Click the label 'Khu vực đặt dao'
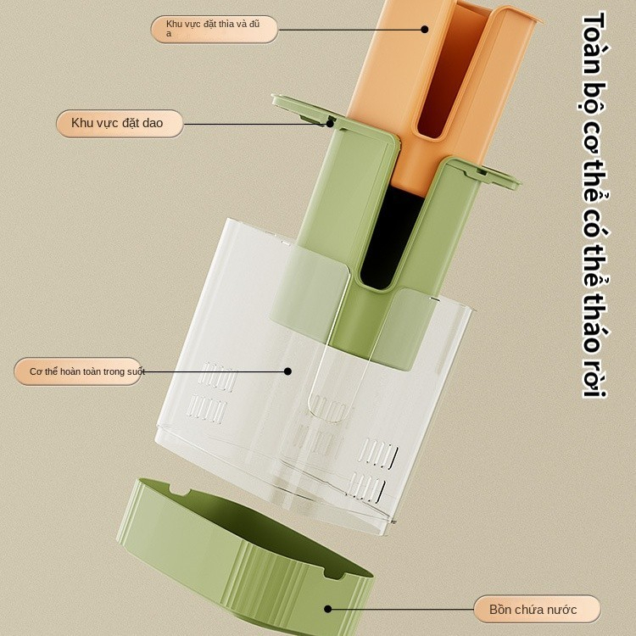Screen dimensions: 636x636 tap(117, 123)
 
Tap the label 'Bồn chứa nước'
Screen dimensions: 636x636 tap(533, 609)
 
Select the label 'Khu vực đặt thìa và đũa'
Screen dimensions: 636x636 tap(213, 28)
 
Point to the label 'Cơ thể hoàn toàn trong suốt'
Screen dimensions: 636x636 tap(87, 371)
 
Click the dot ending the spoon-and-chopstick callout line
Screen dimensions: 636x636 tap(424, 29)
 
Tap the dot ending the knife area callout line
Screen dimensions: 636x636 tap(330, 123)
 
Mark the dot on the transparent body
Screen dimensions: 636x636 tap(287, 371)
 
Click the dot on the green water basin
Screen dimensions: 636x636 tap(327, 608)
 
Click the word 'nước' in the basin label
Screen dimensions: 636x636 tap(562, 609)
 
